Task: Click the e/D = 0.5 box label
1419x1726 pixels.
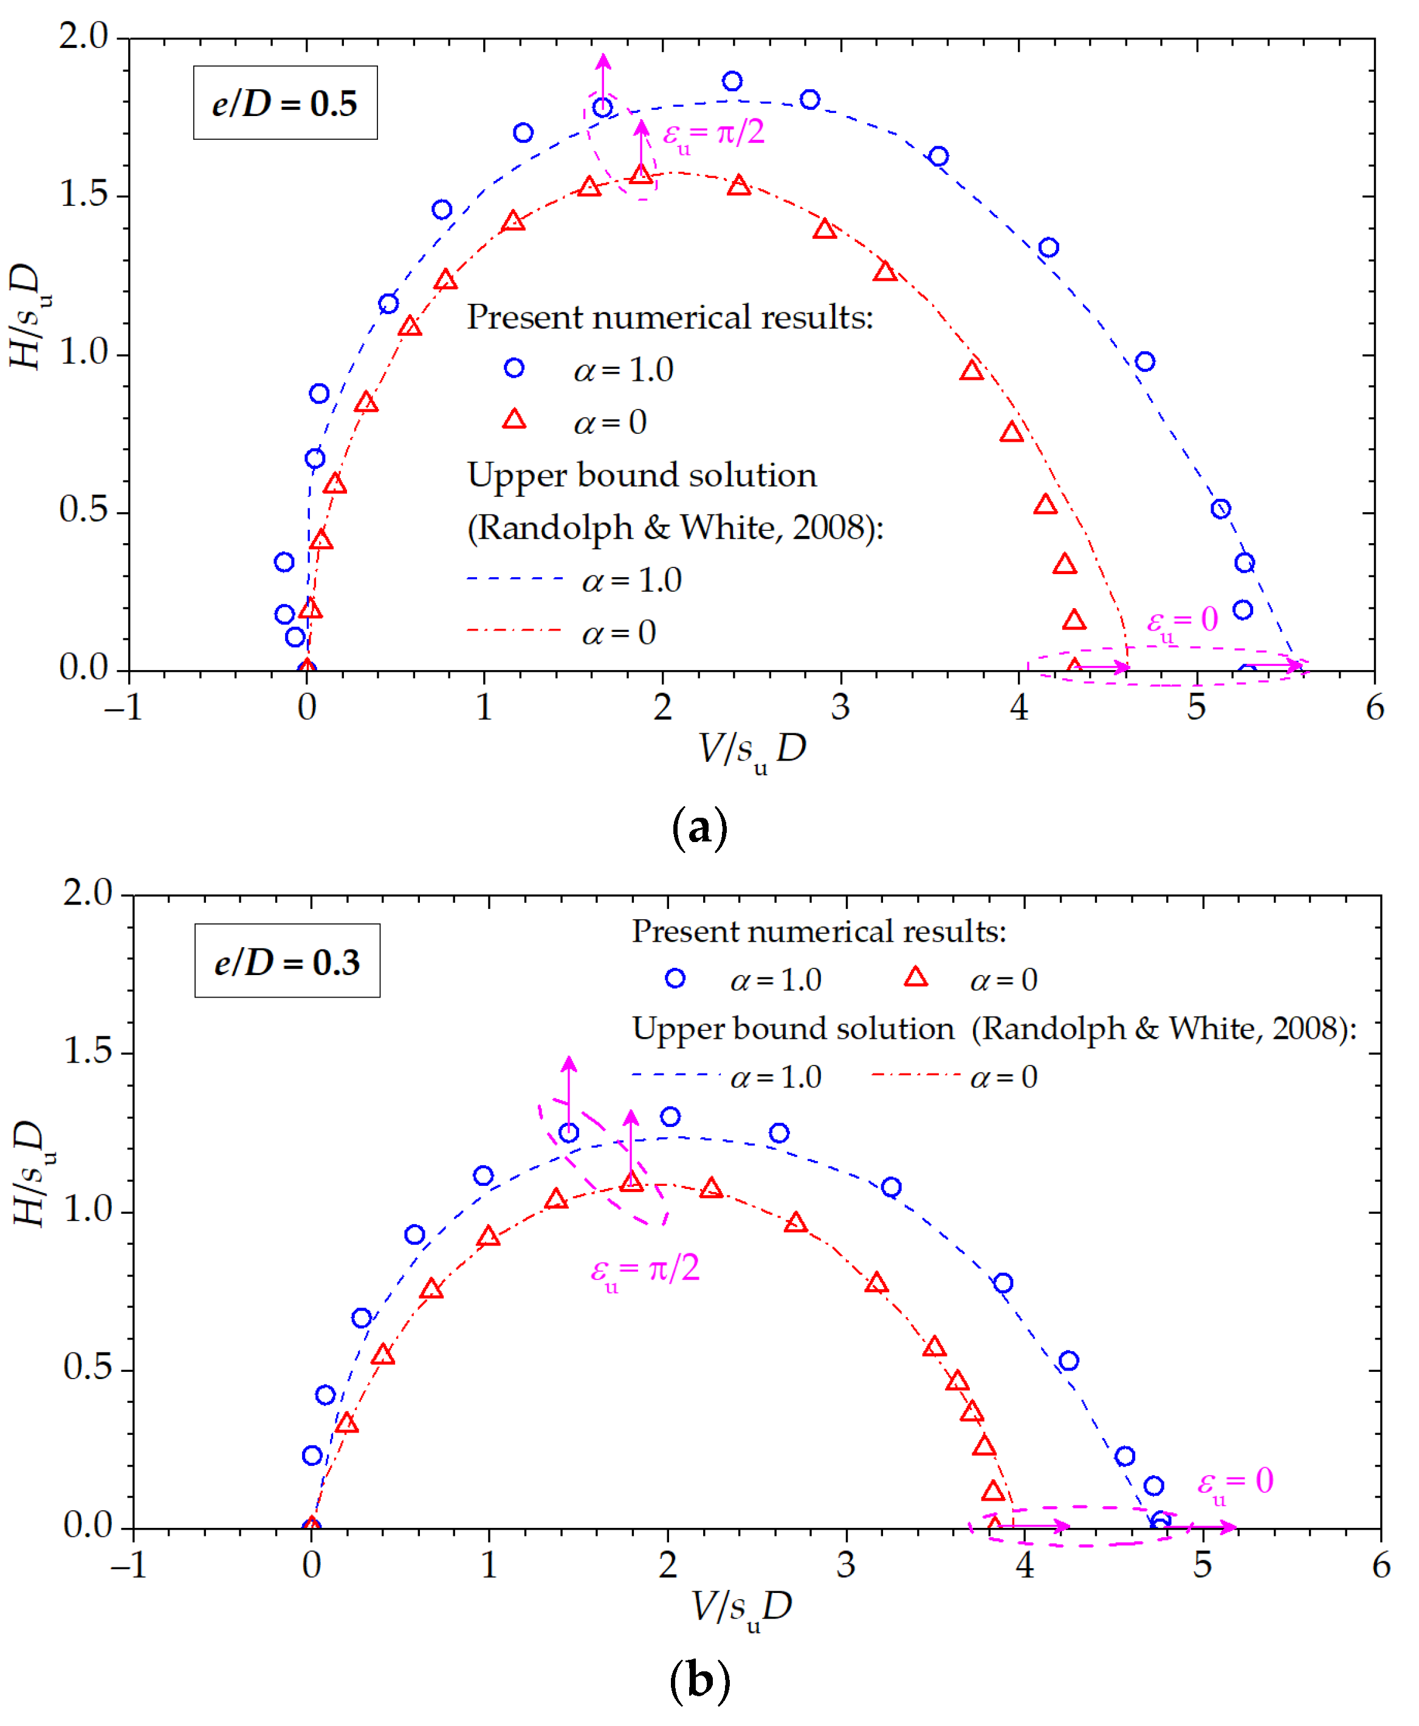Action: coord(284,103)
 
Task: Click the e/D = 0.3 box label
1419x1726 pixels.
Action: coord(287,962)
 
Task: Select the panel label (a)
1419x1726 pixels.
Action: coord(699,828)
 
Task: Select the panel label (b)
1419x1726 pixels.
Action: coord(699,1681)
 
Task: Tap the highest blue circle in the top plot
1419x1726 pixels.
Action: coord(732,81)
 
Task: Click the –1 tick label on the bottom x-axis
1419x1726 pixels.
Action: coord(128,1564)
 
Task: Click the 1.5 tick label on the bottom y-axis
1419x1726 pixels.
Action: coord(88,1051)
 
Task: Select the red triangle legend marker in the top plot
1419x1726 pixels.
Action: coord(514,419)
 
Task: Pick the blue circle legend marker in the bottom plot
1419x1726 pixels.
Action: coord(675,978)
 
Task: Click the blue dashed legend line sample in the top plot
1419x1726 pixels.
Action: coord(515,578)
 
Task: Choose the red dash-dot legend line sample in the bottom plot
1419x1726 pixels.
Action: coord(915,1075)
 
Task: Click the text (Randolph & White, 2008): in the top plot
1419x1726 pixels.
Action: coord(675,527)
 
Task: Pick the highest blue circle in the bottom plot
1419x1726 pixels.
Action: coord(670,1117)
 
